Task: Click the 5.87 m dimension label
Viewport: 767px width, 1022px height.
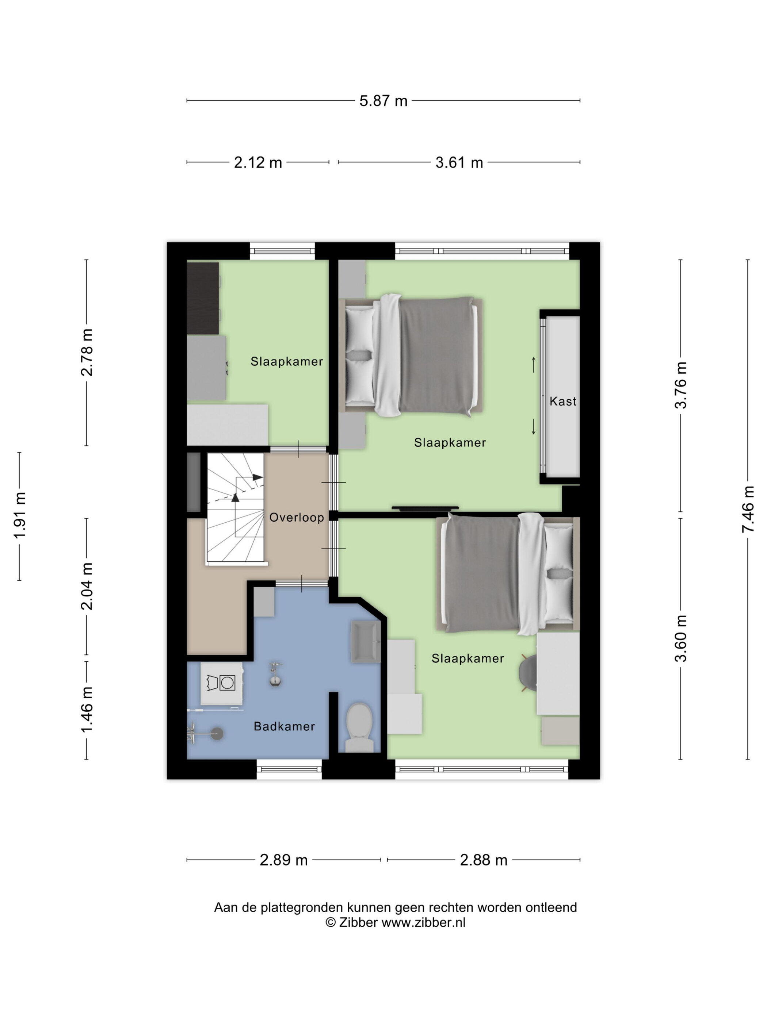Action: click(x=383, y=101)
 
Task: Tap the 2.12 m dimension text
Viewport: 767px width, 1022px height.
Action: click(x=257, y=163)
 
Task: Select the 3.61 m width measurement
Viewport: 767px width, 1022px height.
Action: click(x=459, y=163)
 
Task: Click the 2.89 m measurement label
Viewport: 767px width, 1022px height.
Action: click(x=283, y=860)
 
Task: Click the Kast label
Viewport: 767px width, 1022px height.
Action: click(x=563, y=401)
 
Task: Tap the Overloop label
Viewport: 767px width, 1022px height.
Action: click(x=296, y=518)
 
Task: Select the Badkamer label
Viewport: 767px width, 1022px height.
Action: click(x=284, y=727)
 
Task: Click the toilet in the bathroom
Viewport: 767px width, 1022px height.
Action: click(x=360, y=727)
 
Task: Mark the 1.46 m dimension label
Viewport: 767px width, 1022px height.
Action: click(x=87, y=709)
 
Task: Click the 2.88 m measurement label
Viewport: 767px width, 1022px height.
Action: click(x=484, y=860)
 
